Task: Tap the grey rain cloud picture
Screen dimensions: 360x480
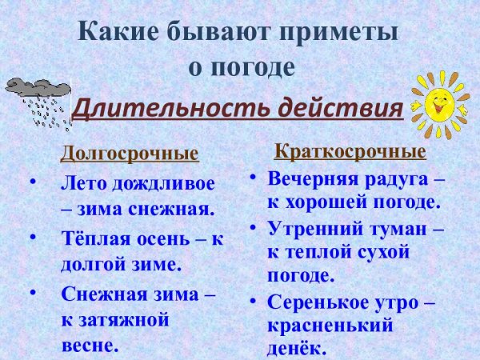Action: point(36,99)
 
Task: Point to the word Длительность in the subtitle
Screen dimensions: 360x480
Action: point(160,108)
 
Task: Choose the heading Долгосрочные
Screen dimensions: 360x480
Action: point(130,152)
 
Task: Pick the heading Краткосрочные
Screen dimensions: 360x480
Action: point(350,151)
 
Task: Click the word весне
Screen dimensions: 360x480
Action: point(90,346)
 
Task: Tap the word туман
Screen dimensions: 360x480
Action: point(398,228)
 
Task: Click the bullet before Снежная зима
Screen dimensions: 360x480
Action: point(33,293)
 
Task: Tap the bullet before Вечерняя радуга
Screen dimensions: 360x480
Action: point(252,178)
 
